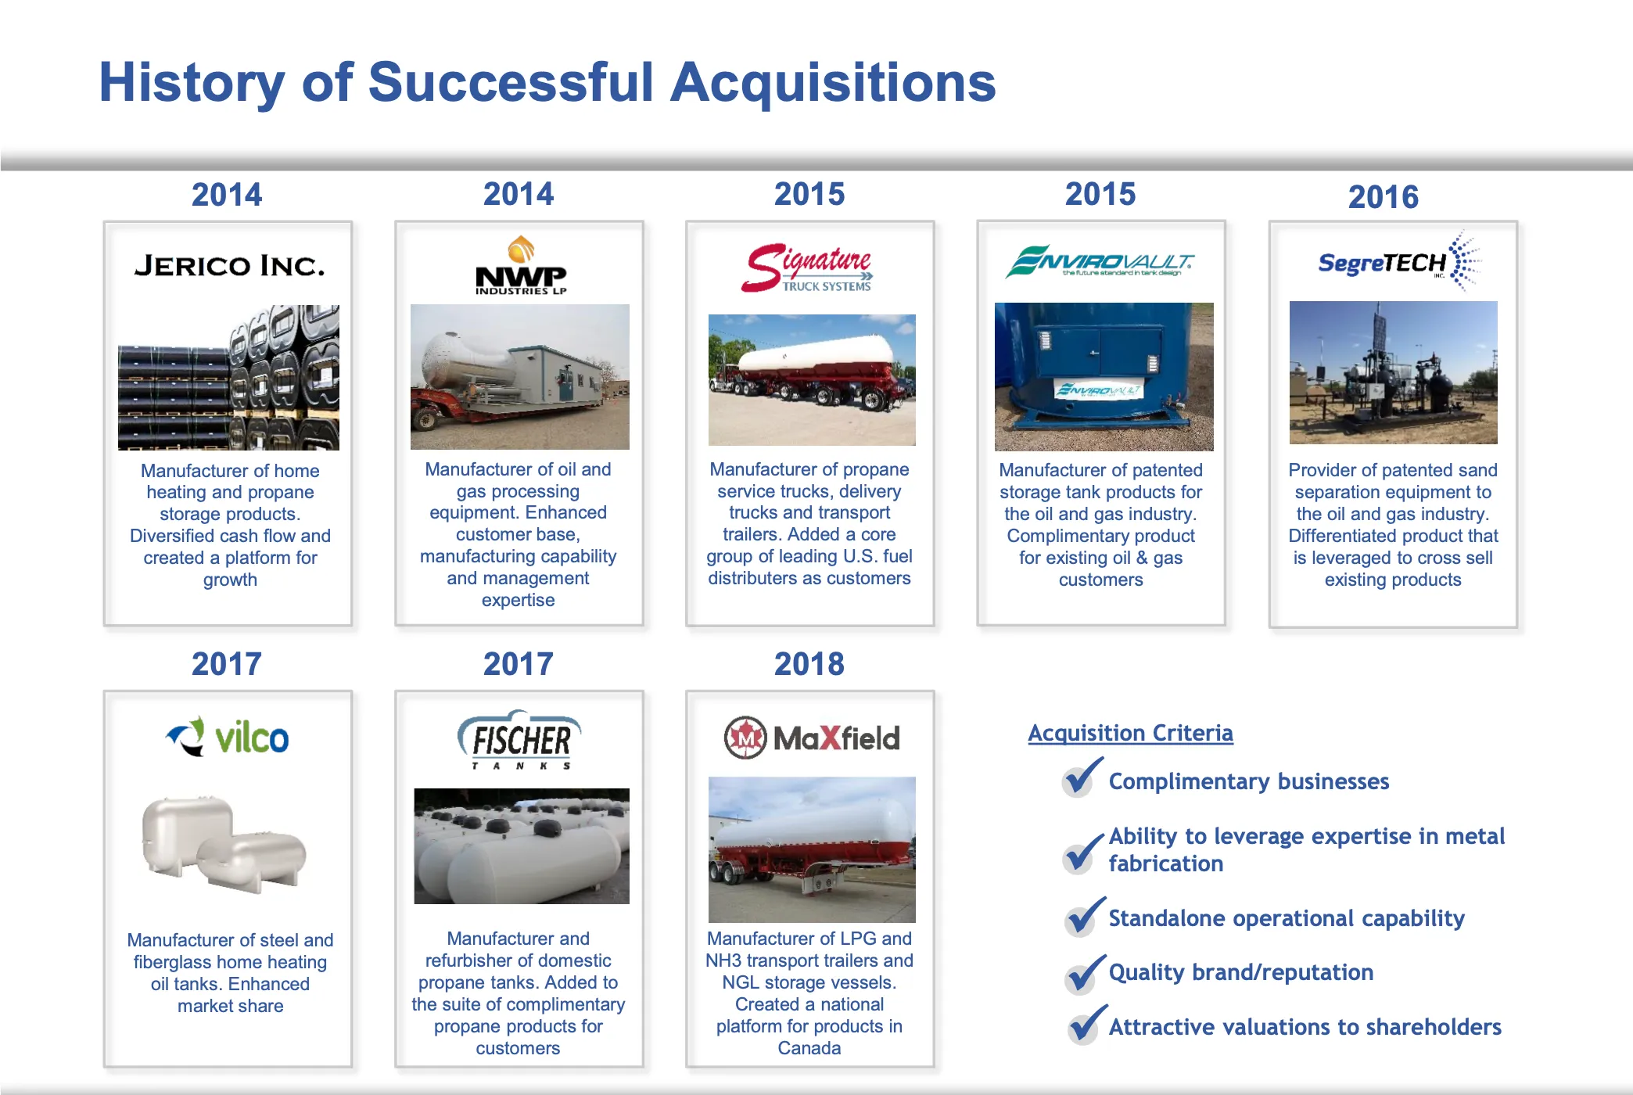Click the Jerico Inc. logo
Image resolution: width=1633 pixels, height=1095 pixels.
(x=229, y=266)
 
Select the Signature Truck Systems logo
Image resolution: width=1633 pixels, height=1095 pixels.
(x=808, y=268)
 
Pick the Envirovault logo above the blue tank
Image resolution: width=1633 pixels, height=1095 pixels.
(x=1100, y=262)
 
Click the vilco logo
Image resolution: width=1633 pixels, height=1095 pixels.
(x=228, y=738)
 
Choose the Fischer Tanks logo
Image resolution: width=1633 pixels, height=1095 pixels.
(x=519, y=740)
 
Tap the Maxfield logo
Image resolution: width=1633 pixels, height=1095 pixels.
(x=812, y=738)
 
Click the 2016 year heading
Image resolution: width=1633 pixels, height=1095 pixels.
(x=1383, y=197)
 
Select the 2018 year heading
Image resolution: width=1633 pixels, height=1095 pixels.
(x=809, y=664)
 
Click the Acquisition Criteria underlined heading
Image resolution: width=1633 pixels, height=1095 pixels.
(x=1130, y=733)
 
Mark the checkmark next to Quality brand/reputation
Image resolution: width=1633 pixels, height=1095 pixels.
(x=1085, y=973)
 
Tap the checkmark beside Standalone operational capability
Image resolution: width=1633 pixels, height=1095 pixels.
(x=1084, y=917)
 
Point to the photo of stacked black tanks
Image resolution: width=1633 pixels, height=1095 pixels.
(x=228, y=378)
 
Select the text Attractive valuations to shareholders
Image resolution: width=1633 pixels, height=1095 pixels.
(x=1305, y=1027)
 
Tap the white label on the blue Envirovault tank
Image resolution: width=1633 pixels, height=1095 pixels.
(x=1098, y=389)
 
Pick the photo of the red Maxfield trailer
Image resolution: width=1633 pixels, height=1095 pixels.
(x=812, y=849)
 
